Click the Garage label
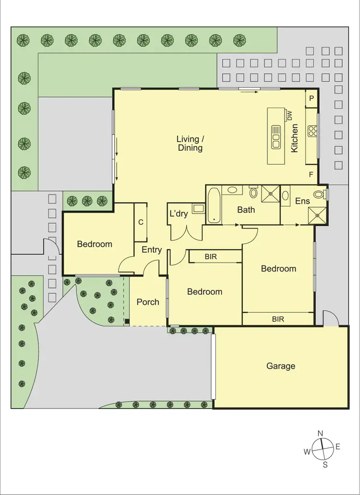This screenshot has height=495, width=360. pos(281,366)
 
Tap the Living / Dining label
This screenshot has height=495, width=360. pos(190,144)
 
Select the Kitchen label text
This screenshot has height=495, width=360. pos(295,138)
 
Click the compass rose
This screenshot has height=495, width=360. pos(322,449)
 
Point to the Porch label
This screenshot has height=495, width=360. pos(148,302)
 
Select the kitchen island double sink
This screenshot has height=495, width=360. pos(276,137)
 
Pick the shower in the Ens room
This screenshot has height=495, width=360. pos(317,215)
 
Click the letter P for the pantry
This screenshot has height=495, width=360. pos(312,98)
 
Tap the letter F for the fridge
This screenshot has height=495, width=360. pos(311,175)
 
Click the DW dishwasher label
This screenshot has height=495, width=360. pos(289,115)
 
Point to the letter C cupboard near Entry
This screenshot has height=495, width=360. pos(141,222)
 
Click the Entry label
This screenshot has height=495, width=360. pos(152,250)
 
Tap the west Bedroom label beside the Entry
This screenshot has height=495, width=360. pos(95,244)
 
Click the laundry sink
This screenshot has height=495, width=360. pos(198,208)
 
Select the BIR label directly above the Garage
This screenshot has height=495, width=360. pos(278,318)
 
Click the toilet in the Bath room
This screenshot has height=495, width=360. pos(253,193)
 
